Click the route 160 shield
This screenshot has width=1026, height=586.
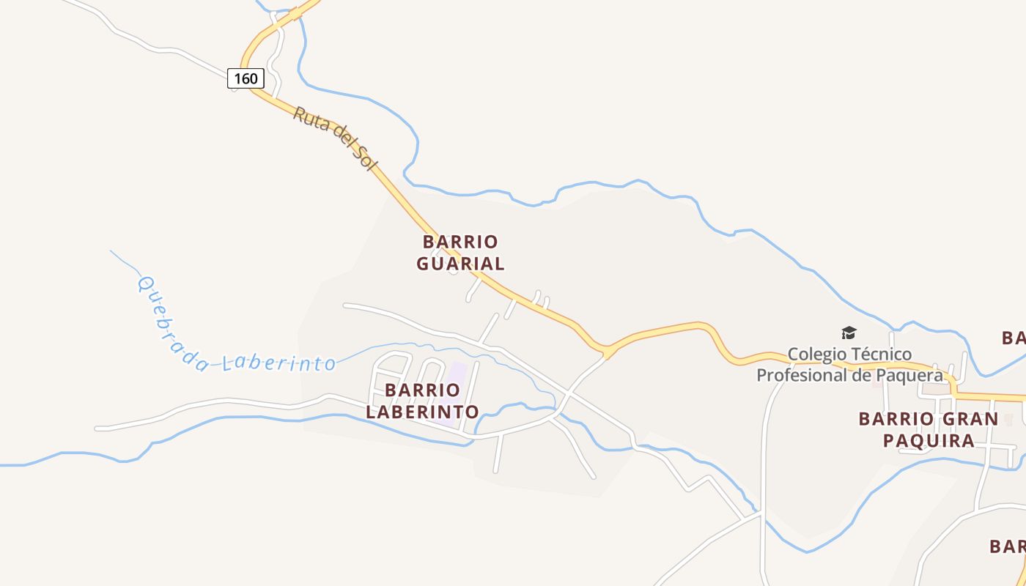coord(246,78)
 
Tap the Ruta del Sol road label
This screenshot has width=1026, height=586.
coord(335,138)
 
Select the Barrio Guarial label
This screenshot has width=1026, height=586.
coord(460,253)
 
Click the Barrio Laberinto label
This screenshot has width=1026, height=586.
coord(422,401)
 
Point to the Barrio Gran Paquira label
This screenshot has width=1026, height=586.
coord(928,429)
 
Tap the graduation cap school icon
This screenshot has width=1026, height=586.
coord(849,333)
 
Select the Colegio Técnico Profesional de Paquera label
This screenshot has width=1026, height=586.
coord(849,365)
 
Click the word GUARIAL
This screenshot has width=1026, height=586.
coord(460,264)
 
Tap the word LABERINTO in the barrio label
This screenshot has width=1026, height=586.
coord(422,412)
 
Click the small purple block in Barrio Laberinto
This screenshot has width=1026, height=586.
coord(457,372)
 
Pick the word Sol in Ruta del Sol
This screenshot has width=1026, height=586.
coord(363,158)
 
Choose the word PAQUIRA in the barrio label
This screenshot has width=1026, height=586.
coord(928,440)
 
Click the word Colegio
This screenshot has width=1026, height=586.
coord(815,355)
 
